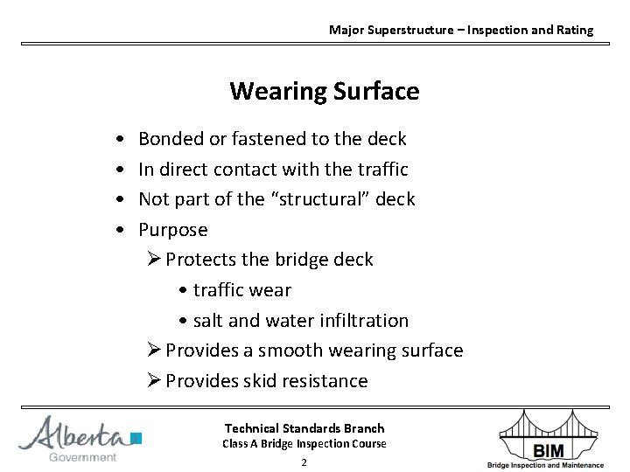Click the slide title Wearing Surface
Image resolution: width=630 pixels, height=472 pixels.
324,91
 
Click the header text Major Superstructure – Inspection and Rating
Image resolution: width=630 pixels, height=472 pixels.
460,30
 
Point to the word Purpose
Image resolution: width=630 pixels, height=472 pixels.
173,231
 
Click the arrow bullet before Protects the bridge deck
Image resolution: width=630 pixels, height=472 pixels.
153,260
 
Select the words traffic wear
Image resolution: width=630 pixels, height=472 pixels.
241,290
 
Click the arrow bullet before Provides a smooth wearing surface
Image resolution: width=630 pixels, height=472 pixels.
153,351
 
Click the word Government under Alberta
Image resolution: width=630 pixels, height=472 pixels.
82,457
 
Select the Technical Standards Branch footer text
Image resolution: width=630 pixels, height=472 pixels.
304,428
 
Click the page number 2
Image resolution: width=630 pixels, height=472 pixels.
304,462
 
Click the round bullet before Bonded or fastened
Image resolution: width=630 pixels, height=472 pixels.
118,140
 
